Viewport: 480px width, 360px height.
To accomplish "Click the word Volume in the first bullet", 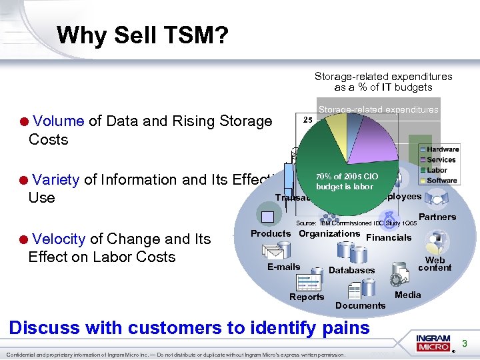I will [58, 121].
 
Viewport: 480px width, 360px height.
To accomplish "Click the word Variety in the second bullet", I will [56, 179].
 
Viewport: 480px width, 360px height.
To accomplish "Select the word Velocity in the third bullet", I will [59, 239].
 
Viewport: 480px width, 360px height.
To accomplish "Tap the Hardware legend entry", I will [442, 149].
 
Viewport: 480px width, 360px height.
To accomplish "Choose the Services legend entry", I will [441, 160].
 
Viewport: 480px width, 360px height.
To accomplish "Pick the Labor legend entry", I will [437, 170].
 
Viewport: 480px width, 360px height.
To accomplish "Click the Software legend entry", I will [441, 181].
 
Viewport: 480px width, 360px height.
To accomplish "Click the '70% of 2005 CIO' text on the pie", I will [347, 177].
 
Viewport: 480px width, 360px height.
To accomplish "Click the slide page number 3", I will [465, 344].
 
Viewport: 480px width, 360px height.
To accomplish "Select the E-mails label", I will [283, 267].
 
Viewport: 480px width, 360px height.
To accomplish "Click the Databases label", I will [351, 270].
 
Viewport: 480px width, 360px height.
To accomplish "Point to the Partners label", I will [437, 217].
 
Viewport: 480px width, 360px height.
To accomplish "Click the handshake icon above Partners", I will [436, 199].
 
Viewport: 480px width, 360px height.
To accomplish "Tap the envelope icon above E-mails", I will [273, 251].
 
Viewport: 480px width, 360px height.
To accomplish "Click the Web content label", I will [435, 264].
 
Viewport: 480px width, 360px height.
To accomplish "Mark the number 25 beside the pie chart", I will [308, 120].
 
